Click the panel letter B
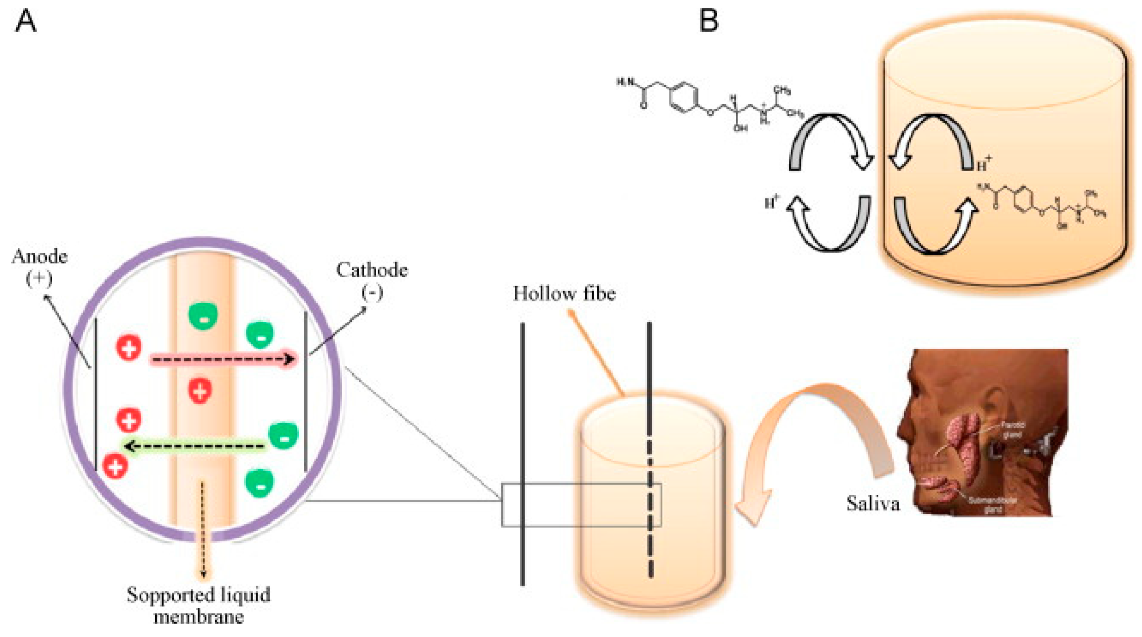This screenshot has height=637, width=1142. click(x=708, y=21)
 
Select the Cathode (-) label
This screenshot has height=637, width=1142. click(x=371, y=280)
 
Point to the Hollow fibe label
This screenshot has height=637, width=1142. click(x=564, y=294)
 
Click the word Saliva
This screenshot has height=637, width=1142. click(x=872, y=503)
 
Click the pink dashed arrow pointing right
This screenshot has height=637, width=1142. click(x=222, y=359)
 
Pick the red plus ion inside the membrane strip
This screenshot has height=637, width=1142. click(x=200, y=391)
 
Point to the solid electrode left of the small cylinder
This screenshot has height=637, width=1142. click(x=523, y=453)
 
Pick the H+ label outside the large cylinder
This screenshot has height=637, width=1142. click(x=772, y=203)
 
